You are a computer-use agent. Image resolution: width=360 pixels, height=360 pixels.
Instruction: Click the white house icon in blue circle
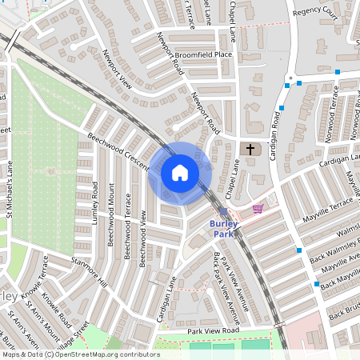[x=179, y=173]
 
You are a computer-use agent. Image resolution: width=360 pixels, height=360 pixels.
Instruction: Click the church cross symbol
[x=250, y=150]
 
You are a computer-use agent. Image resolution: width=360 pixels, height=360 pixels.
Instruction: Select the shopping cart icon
[x=258, y=209]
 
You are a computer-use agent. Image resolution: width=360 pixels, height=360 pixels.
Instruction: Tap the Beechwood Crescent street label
[x=118, y=151]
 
